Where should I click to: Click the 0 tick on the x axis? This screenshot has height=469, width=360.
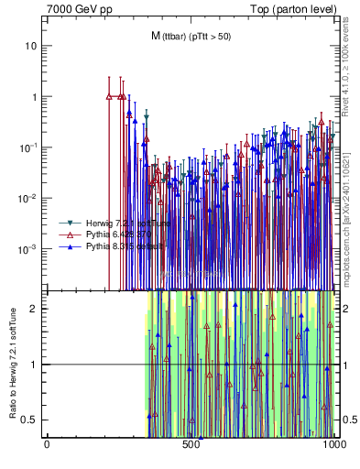pyautogui.click(x=47, y=443)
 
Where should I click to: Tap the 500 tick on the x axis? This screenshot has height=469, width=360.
pyautogui.click(x=191, y=443)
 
